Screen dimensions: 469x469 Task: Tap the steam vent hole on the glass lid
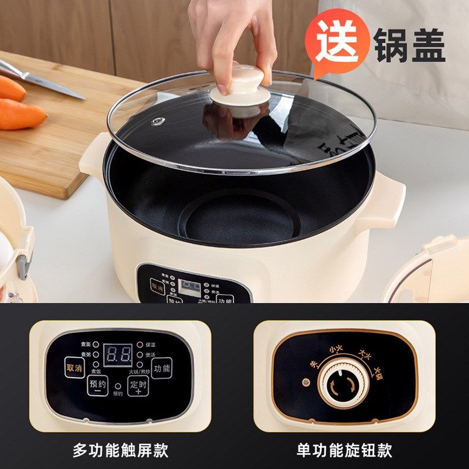158,121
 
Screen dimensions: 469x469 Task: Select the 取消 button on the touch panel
74,368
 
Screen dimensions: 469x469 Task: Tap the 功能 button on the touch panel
162,368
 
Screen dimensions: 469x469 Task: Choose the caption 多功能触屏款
120,450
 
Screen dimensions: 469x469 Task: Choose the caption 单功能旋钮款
344,450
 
